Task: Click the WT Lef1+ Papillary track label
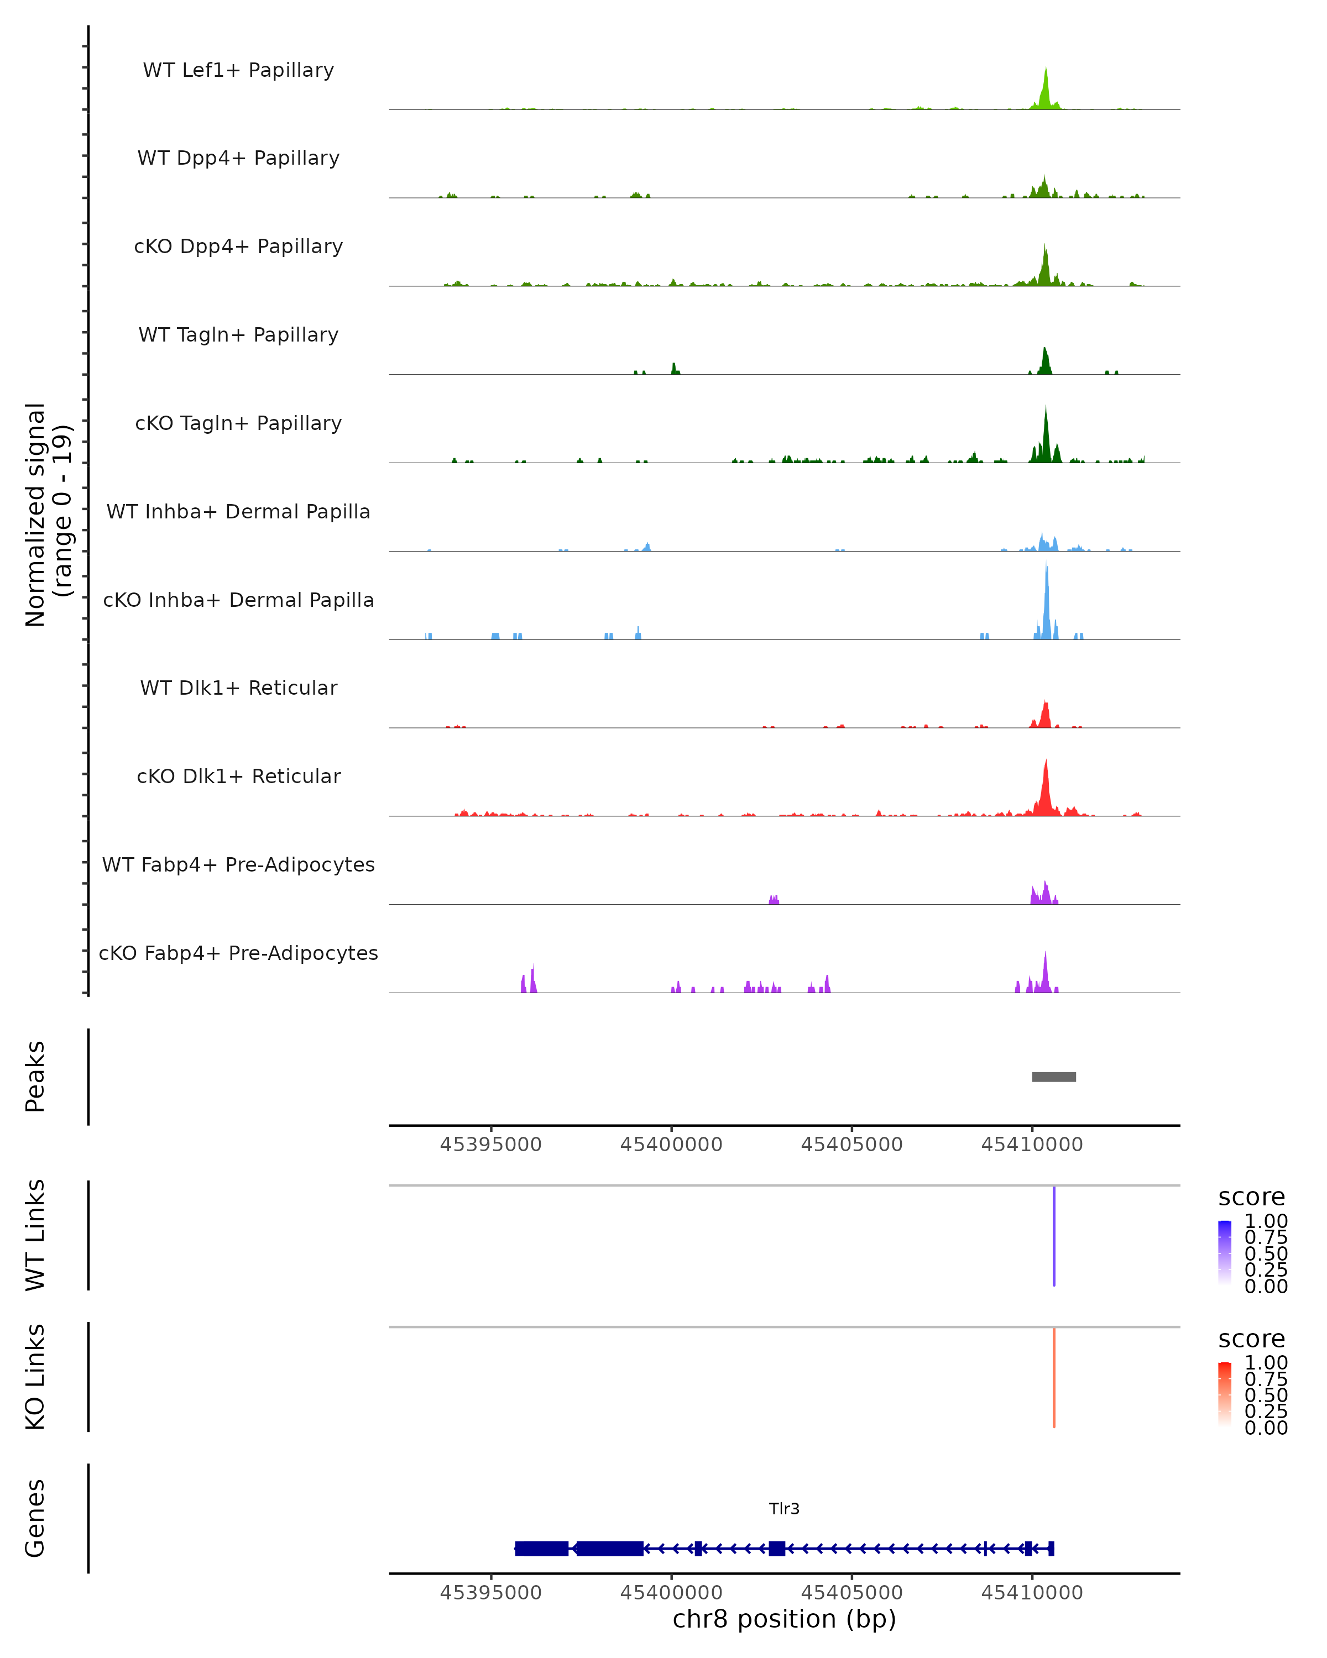(238, 70)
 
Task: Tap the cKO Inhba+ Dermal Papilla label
(238, 600)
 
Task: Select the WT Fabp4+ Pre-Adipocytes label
(238, 864)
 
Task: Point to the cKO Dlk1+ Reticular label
(238, 776)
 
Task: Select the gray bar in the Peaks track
(1054, 1077)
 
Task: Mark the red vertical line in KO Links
(1054, 1377)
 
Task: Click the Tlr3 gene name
(784, 1509)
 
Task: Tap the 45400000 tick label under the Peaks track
(671, 1145)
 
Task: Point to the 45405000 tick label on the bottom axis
(851, 1593)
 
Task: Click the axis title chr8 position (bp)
(784, 1619)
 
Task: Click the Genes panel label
(35, 1518)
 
